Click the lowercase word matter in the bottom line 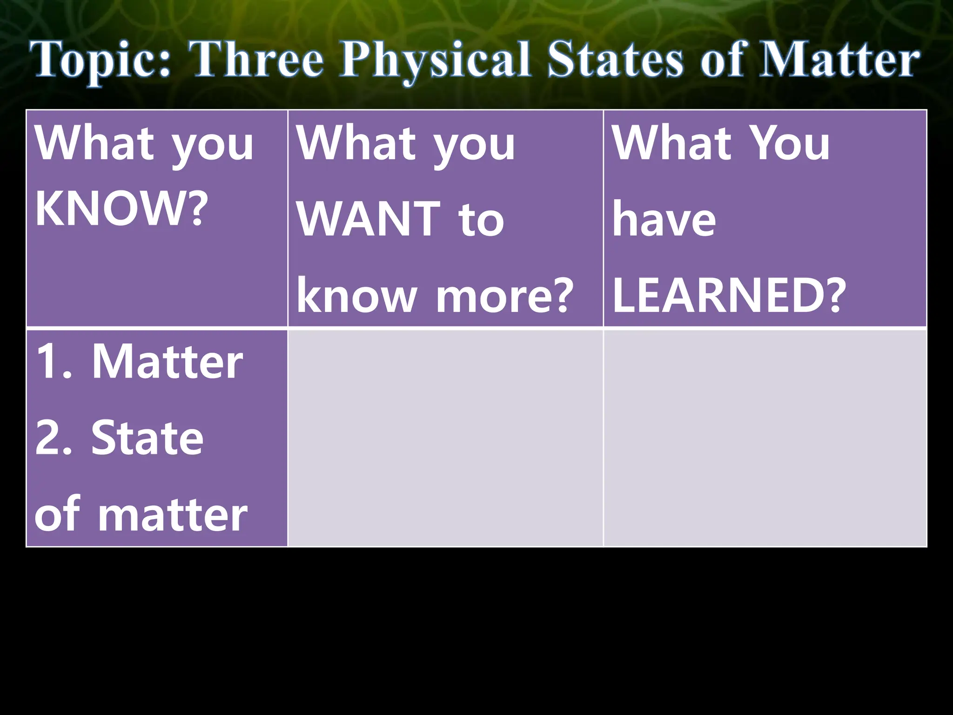tap(173, 514)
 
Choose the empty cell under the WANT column tap(445, 438)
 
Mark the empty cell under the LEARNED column tap(765, 438)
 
